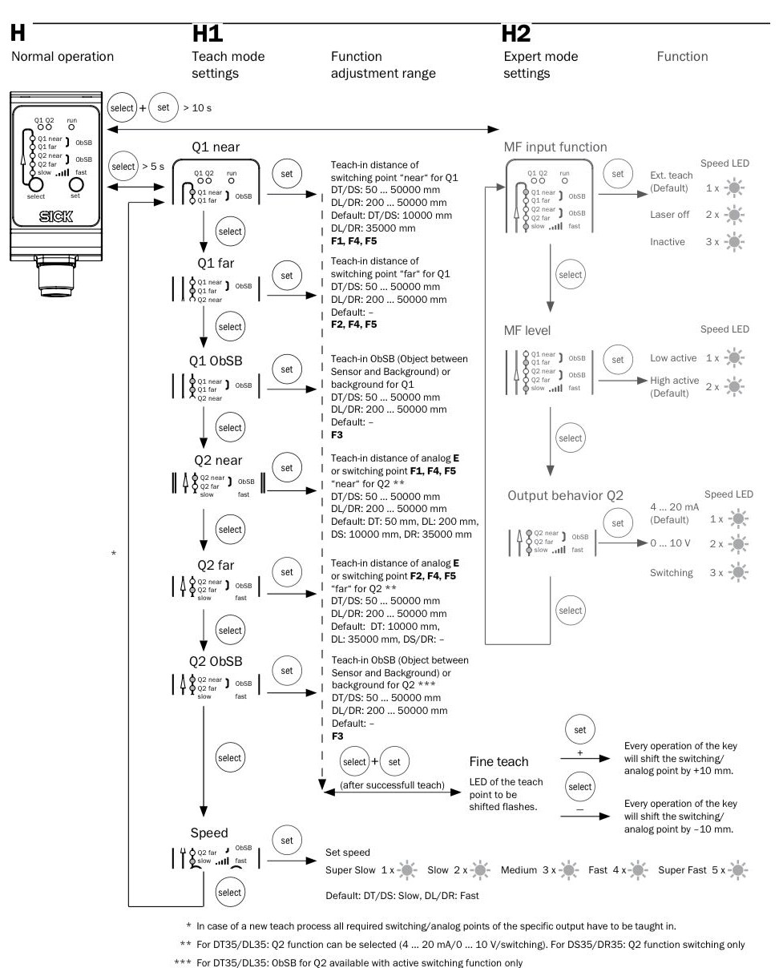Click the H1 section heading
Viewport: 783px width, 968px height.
208,34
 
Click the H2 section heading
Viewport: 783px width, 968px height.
515,34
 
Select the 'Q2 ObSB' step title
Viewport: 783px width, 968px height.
215,661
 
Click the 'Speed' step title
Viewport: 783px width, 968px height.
209,832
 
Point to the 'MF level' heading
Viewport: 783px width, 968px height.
527,330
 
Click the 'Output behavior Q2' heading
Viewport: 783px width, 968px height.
565,495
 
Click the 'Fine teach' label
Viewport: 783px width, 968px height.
498,761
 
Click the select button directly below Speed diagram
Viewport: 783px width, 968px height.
229,892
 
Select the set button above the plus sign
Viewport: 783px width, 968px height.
580,730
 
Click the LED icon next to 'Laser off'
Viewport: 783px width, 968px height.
733,216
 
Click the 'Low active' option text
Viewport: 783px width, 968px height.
673,358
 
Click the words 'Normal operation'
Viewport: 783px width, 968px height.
62,56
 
